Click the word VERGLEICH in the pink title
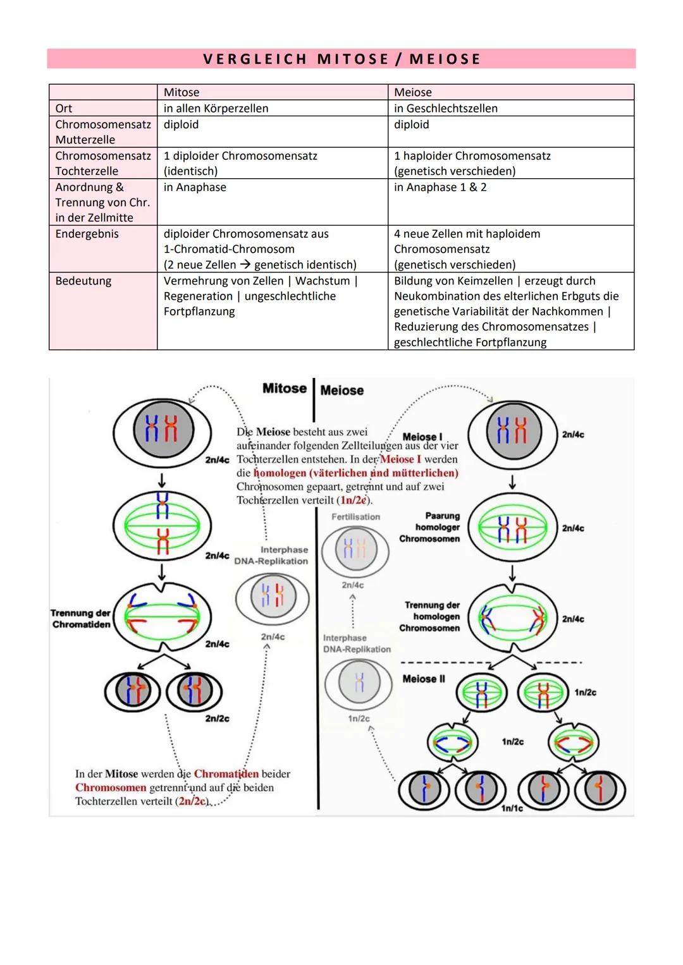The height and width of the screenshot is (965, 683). (254, 59)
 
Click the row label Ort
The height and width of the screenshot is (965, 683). (64, 108)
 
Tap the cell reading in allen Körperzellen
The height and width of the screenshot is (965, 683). (216, 108)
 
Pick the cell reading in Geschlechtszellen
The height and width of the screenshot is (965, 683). (445, 108)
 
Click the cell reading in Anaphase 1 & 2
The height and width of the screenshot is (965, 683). (440, 187)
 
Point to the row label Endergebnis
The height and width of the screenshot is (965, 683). (87, 234)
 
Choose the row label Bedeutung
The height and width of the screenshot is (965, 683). (83, 281)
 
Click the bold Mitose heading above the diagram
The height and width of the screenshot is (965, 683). (285, 389)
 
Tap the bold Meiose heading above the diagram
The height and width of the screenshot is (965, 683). (342, 391)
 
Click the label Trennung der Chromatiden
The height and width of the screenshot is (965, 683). (81, 619)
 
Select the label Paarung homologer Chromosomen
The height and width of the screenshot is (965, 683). (430, 527)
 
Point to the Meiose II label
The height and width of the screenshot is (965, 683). (424, 679)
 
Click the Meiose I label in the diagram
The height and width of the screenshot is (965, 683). (422, 437)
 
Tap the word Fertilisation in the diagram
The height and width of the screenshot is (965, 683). (356, 517)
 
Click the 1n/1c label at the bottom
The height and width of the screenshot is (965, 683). (512, 808)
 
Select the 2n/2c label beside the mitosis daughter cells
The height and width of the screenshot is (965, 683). (217, 719)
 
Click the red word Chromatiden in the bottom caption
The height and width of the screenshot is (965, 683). (226, 774)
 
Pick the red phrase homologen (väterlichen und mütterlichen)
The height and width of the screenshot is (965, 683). (355, 473)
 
